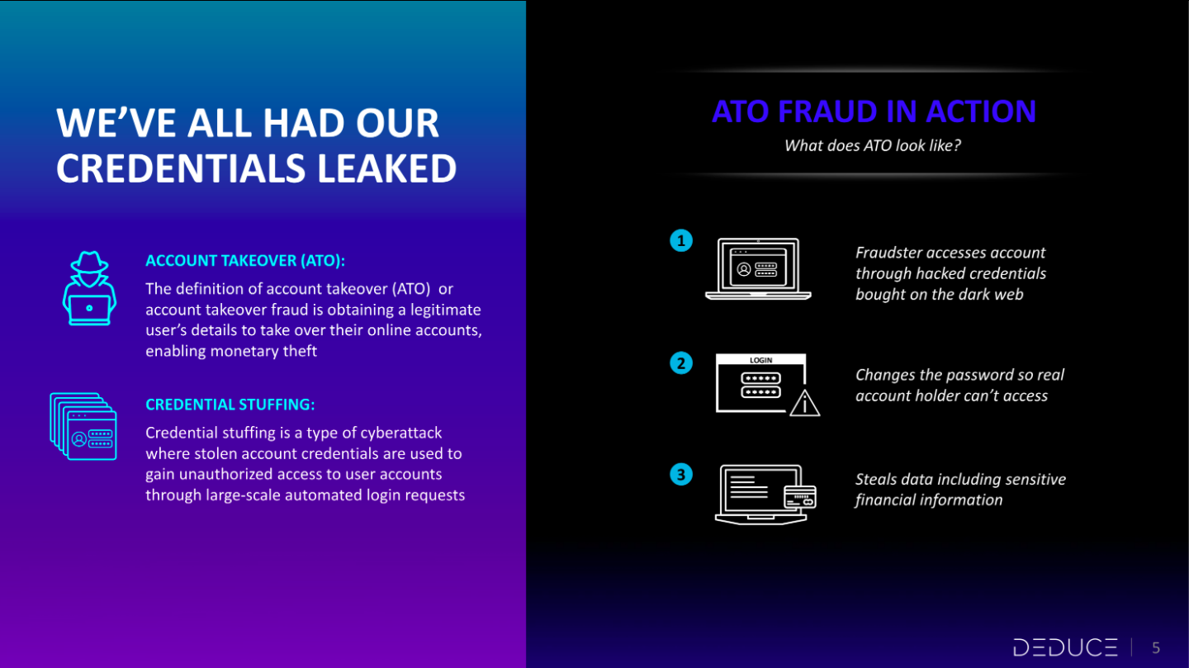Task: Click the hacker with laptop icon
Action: [89, 288]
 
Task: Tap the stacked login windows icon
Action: [83, 426]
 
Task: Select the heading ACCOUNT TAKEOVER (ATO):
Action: [245, 261]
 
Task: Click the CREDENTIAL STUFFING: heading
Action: [230, 405]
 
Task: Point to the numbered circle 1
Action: [681, 240]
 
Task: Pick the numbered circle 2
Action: [681, 363]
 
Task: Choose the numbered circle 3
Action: [681, 474]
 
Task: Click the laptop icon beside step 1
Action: [758, 269]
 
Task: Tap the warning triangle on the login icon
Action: [805, 403]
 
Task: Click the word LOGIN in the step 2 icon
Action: [760, 360]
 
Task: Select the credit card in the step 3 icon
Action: [800, 497]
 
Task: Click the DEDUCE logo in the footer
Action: [1065, 647]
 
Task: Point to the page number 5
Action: [1156, 648]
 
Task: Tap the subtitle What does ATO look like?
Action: [873, 145]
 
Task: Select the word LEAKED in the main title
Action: [386, 168]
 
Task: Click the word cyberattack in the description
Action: [400, 433]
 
